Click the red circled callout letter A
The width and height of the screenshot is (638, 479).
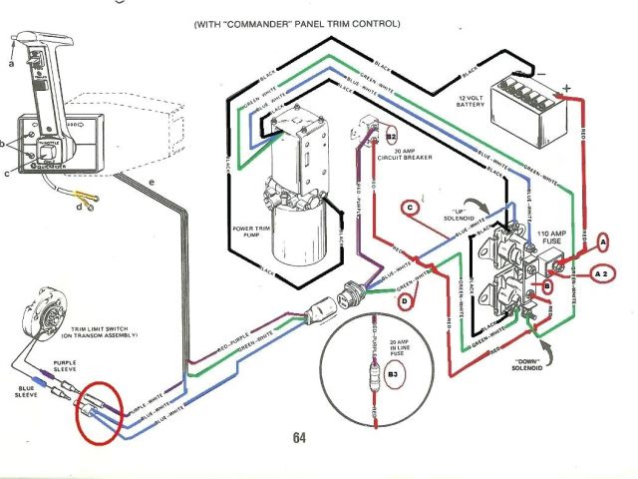(602, 241)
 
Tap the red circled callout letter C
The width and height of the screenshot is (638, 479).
(409, 208)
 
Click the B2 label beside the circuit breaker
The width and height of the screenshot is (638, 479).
(392, 134)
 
